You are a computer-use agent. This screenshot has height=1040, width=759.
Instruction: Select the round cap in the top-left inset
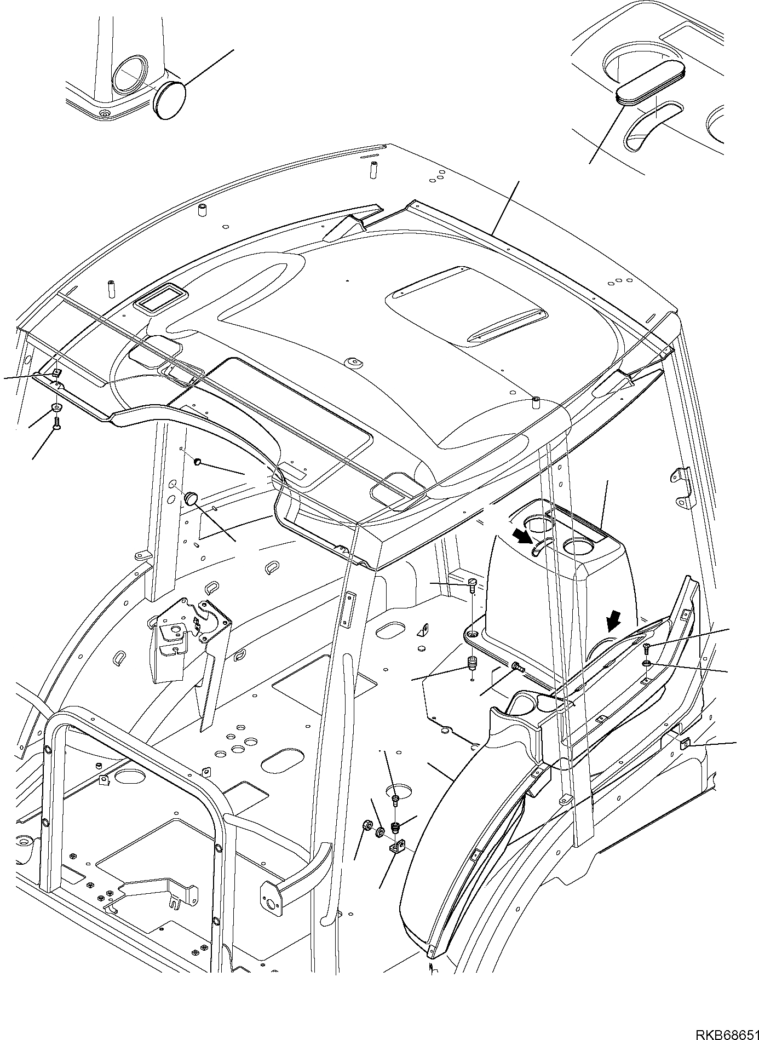[x=169, y=100]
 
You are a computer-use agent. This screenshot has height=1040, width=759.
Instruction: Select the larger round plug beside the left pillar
[x=191, y=498]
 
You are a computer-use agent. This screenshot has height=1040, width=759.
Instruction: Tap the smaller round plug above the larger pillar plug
[x=197, y=463]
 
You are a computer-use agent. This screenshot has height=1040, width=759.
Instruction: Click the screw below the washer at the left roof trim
[x=56, y=422]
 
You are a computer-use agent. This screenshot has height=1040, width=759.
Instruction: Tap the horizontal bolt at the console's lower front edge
[x=516, y=666]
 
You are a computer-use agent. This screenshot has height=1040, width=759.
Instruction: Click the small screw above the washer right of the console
[x=646, y=648]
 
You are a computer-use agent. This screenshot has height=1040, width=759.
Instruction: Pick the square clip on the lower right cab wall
[x=685, y=744]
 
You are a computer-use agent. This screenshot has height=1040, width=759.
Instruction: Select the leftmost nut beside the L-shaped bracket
[x=366, y=825]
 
